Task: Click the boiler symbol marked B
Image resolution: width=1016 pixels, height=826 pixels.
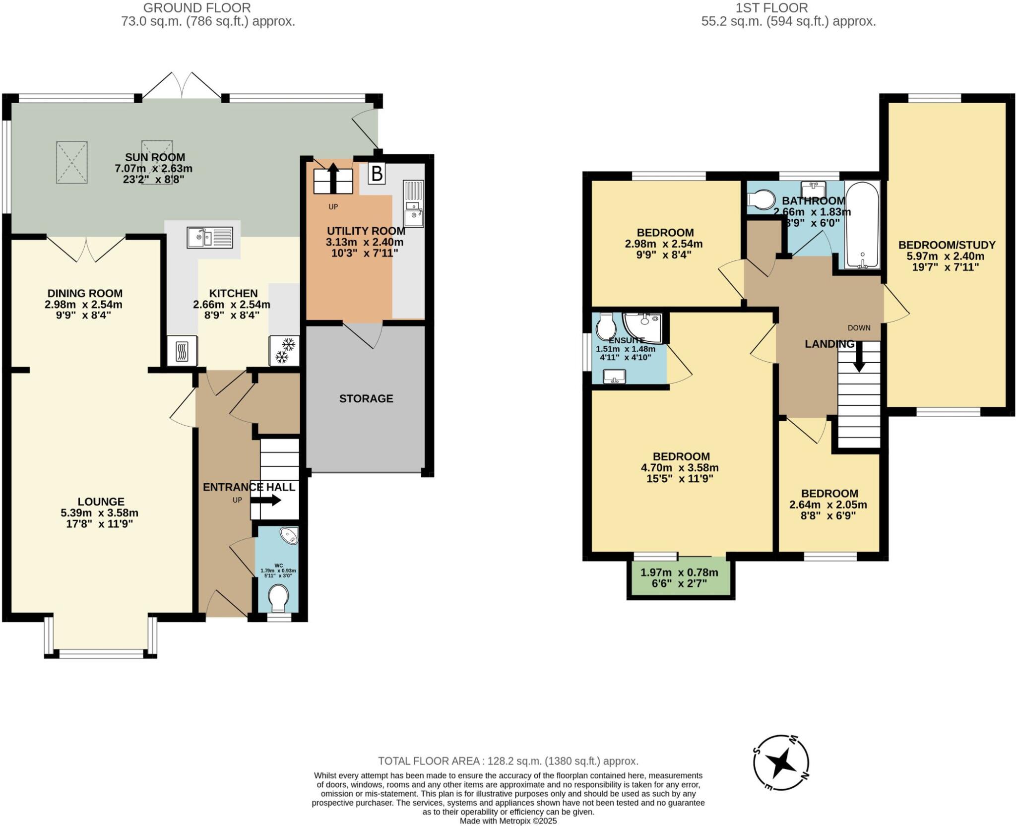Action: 377,174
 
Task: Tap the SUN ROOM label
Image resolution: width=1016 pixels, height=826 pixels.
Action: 155,158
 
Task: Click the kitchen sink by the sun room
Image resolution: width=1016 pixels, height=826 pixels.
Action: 210,237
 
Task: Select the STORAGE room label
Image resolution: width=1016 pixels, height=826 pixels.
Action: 366,398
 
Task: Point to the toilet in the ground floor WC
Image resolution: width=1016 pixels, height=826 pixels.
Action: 278,597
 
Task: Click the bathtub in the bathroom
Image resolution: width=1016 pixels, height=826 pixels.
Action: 862,225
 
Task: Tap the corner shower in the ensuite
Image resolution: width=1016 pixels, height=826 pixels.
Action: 643,326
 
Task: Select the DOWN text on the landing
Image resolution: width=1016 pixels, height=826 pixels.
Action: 859,328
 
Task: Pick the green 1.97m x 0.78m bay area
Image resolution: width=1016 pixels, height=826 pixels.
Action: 680,578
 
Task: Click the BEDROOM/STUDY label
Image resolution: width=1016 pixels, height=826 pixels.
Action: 947,245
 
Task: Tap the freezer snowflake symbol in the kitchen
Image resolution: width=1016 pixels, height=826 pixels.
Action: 284,350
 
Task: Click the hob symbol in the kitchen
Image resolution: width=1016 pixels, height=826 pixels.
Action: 182,351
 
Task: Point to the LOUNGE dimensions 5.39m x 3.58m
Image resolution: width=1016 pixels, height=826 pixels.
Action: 99,513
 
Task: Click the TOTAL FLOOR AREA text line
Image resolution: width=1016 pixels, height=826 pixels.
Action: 508,761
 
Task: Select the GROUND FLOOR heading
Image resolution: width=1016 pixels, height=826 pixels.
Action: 197,8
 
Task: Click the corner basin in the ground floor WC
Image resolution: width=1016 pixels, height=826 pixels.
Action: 289,535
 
